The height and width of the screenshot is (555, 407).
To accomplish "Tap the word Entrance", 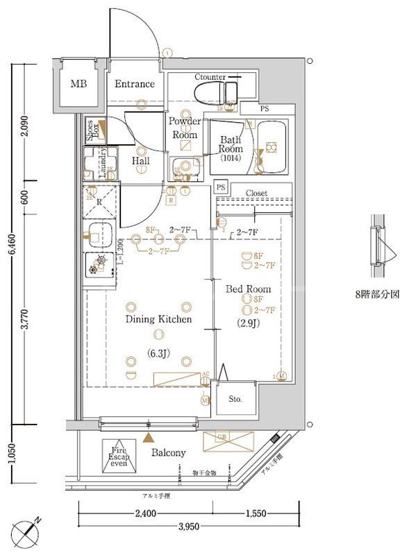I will click(135, 84).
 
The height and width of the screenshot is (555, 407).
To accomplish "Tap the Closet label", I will click(256, 194).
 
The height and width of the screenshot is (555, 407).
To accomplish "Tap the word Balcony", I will click(169, 452).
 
